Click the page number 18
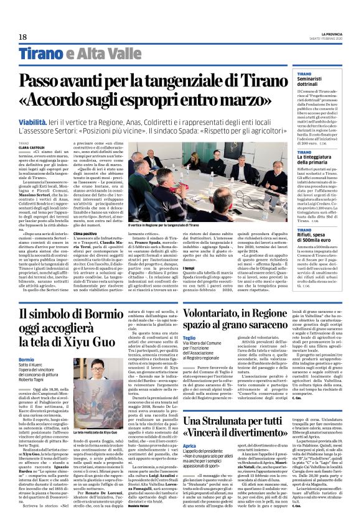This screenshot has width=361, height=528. coord(22,37)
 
